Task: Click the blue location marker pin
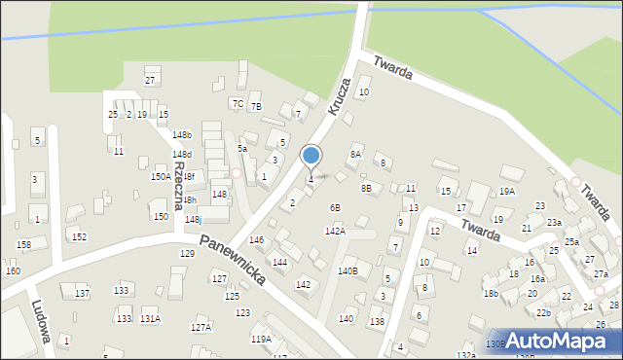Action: point(311,157)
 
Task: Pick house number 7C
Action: point(237,102)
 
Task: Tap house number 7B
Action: point(256,107)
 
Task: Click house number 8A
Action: point(355,154)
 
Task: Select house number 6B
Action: point(335,207)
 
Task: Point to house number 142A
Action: point(335,231)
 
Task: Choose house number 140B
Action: point(348,270)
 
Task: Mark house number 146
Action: point(256,239)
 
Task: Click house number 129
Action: point(187,253)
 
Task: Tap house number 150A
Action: point(161,177)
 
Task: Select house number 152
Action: point(80,236)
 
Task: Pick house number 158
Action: point(24,244)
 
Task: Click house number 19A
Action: point(507,192)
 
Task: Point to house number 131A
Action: point(150,318)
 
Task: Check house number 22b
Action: point(543,312)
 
